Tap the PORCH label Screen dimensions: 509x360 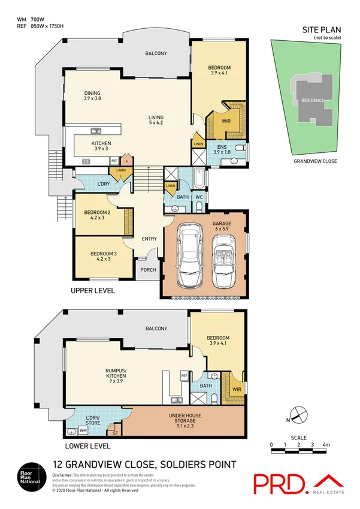[148, 270]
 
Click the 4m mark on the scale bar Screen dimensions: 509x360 [326, 445]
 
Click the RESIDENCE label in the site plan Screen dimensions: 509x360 [312, 100]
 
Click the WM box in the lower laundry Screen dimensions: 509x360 [83, 430]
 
